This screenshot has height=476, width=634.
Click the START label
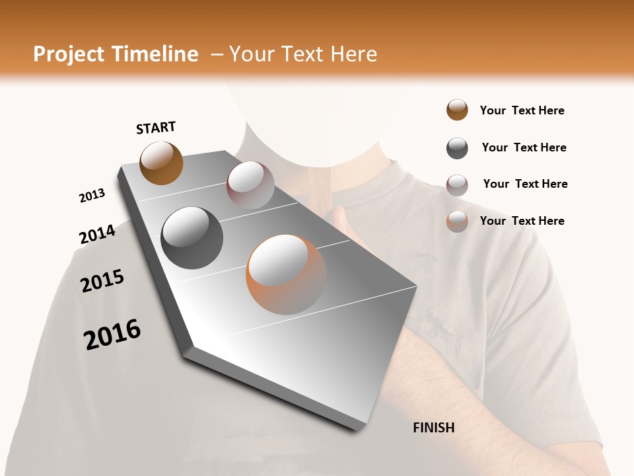coord(156,128)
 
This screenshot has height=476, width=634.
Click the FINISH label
coord(434,428)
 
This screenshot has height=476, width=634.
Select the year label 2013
coord(92,196)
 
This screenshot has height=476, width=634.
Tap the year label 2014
coord(97,234)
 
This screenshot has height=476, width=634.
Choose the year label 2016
coord(112,335)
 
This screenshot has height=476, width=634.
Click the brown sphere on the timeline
coord(161,163)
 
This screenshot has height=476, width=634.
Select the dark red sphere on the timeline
coord(250,185)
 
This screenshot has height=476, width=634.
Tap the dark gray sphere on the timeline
coord(192,238)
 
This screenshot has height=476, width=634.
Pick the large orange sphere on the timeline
coord(286,274)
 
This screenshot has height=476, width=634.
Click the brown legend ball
coord(457,110)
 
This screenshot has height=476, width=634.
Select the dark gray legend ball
coord(457,148)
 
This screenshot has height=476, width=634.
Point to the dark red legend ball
coord(457,185)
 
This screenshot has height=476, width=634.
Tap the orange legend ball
coord(457,221)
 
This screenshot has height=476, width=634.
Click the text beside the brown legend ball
coord(522,110)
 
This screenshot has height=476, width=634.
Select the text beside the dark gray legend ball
coord(524,147)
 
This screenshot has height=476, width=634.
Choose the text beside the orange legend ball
coord(522,221)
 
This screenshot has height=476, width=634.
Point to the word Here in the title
coord(353,54)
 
